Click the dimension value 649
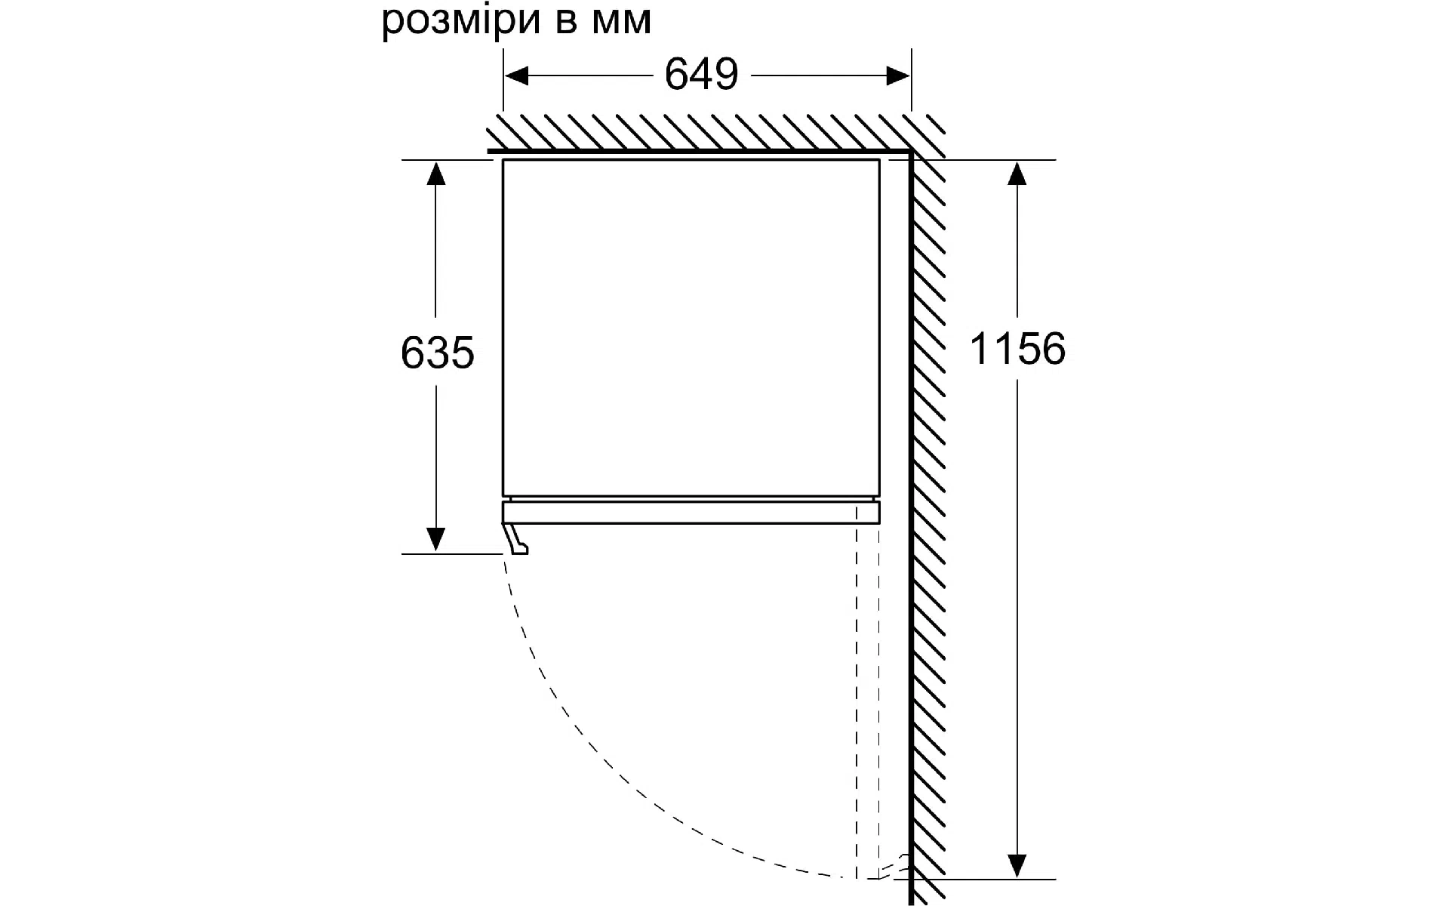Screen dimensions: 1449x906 tap(701, 75)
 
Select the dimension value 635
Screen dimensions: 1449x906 tap(438, 353)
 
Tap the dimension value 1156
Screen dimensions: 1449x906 tap(1017, 349)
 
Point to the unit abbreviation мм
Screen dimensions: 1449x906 tap(622, 23)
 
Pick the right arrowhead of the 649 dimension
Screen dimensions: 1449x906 tap(897, 75)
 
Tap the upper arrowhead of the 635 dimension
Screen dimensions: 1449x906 tap(435, 173)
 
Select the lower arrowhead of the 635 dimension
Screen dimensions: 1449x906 tap(435, 540)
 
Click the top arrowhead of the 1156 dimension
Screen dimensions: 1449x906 tap(1017, 173)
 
